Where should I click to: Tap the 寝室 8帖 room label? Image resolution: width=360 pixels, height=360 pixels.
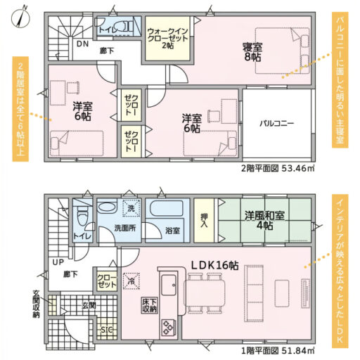coord(252,52)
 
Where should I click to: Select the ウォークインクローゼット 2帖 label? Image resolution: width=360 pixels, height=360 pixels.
coord(167,38)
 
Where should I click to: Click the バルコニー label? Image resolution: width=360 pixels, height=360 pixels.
coord(276,123)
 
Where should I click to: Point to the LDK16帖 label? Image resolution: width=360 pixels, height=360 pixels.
coord(215,266)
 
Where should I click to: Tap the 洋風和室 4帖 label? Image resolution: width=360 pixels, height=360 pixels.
coord(264,220)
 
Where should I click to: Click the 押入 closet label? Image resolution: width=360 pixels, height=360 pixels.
coord(204,221)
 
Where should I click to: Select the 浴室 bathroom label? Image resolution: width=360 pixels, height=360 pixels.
coord(172,231)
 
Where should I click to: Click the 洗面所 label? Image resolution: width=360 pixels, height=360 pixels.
coord(125,228)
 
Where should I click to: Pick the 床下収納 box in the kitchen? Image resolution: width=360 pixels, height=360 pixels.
coord(150,305)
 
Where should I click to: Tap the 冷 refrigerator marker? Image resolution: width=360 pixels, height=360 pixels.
coord(131,281)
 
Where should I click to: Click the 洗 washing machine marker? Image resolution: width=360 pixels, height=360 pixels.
coord(131,208)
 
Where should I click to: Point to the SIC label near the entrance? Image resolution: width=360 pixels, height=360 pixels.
coord(107,330)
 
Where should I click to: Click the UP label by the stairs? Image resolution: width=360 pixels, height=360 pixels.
coord(58,262)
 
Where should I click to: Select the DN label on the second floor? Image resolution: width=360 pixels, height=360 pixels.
coord(83,44)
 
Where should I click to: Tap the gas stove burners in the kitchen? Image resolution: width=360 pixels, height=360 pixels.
coord(169,328)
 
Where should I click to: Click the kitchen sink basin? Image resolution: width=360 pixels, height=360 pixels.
coord(169,285)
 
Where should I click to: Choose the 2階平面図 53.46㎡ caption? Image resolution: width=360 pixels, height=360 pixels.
coord(278,168)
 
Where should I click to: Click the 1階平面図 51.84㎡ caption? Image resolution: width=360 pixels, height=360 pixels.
coord(278,351)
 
